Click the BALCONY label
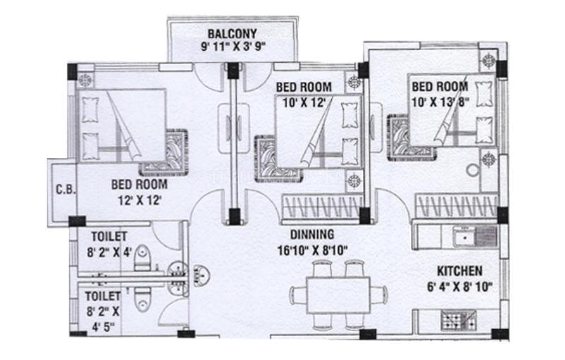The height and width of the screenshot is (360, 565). (x=232, y=34)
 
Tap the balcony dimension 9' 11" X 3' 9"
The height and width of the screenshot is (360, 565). (x=233, y=47)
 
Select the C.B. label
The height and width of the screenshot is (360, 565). (x=66, y=189)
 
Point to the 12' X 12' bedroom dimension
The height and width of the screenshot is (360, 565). (x=139, y=200)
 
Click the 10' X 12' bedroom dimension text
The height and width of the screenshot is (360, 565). (x=304, y=103)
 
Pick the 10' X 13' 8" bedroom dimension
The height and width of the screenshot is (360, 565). (x=440, y=102)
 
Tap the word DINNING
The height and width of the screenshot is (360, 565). (x=312, y=235)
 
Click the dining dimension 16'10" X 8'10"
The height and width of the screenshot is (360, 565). (x=312, y=250)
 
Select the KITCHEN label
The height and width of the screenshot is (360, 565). (x=460, y=271)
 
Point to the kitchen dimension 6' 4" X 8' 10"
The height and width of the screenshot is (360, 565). (x=460, y=287)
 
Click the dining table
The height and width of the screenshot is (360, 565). (x=338, y=295)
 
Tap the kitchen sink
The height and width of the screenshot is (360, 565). (x=475, y=236)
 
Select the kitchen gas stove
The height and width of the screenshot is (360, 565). (x=458, y=320)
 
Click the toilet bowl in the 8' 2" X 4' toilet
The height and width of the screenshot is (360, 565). (x=143, y=258)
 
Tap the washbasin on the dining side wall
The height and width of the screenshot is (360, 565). (x=202, y=275)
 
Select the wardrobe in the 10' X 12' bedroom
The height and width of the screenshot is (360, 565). (x=323, y=208)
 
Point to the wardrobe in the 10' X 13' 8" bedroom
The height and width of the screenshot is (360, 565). (x=456, y=206)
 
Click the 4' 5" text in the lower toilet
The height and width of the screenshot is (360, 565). (x=103, y=327)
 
